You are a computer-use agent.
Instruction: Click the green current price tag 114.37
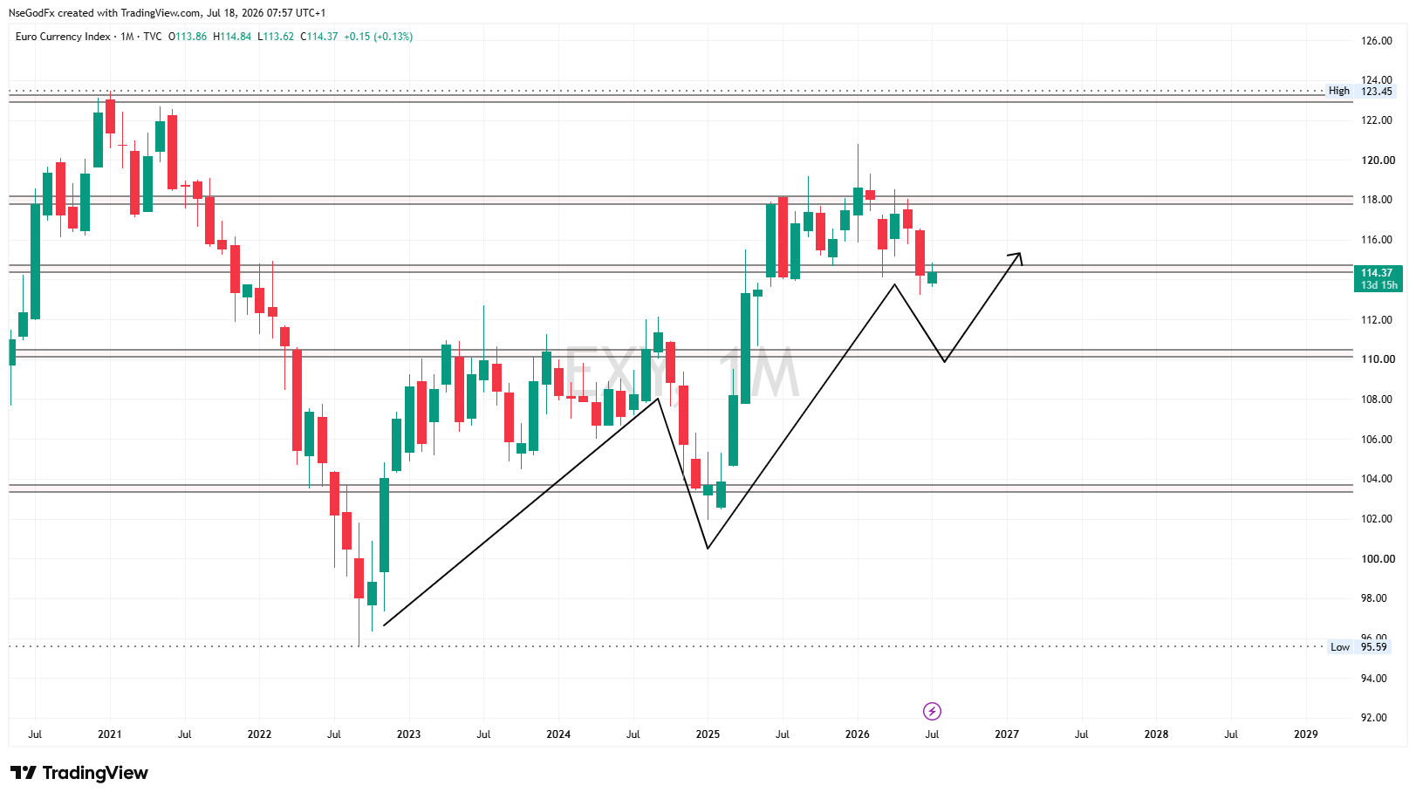1378,279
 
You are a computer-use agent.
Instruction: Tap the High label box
1339,91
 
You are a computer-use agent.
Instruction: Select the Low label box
1340,646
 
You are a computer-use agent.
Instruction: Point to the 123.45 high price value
1376,91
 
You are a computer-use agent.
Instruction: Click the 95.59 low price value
1373,646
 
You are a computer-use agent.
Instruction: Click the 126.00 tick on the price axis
1376,40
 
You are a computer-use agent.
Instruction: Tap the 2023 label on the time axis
408,734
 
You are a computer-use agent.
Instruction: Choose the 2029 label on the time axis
1306,734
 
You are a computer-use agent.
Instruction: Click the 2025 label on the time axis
708,734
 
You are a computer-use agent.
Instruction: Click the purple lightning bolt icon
932,711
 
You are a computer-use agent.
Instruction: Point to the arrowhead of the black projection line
1020,254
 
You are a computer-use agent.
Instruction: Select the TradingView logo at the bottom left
79,773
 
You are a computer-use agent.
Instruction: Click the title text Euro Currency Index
63,37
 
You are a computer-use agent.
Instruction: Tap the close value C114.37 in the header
318,37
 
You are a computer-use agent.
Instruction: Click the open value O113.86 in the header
187,37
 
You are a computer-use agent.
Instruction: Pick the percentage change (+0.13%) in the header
393,37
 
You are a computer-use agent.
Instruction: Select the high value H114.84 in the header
232,37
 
